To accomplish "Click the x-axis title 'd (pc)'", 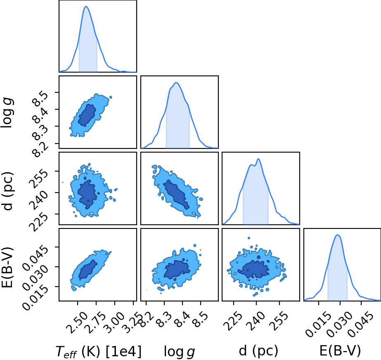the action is (258, 351).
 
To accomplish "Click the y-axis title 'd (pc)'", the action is (8, 191).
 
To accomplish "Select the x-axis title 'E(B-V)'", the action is (340, 351).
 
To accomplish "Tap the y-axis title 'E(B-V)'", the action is (8, 268).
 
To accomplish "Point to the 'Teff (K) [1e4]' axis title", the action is (98, 351).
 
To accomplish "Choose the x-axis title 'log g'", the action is (179, 351).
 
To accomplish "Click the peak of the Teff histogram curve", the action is (86, 6).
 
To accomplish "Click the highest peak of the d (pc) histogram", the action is (258, 159).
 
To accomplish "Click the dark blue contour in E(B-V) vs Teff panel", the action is (88, 269).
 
